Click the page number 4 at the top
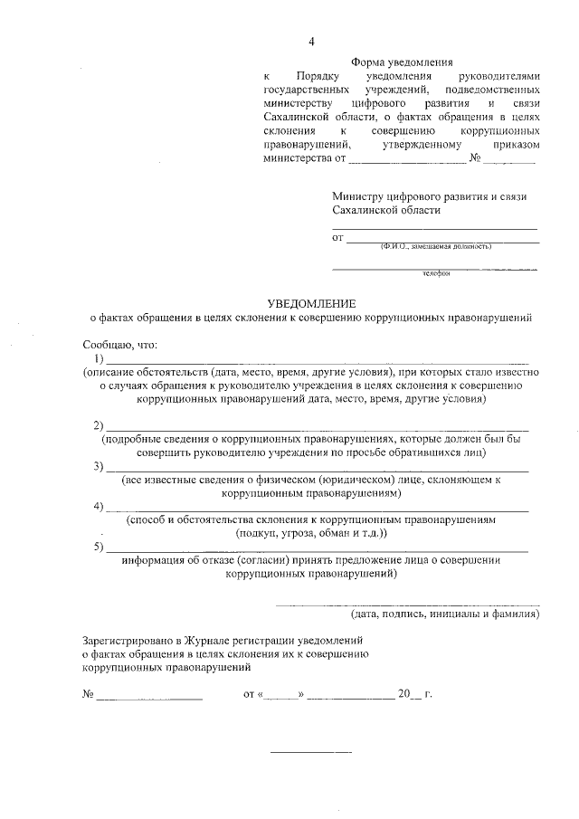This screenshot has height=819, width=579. pos(311,42)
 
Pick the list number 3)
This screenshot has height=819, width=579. pos(100,467)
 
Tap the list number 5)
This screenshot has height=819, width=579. pos(100,548)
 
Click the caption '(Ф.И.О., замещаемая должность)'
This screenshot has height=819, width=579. pos(435,245)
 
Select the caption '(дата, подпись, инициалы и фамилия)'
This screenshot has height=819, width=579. pos(445,614)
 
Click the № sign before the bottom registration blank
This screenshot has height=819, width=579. pos(89,695)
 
